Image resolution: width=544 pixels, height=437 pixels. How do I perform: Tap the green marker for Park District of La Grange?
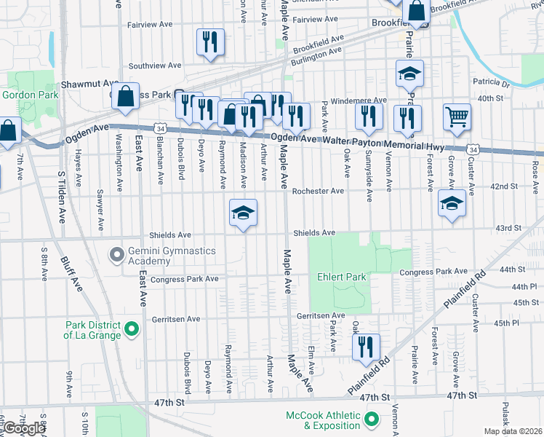tap(132, 330)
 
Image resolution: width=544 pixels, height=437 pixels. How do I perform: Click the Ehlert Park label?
tap(341, 277)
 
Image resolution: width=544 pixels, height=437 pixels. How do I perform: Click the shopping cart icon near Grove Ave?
tap(457, 117)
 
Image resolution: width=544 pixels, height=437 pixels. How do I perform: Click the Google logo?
tap(24, 428)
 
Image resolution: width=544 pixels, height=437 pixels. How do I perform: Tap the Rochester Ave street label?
tap(318, 191)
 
